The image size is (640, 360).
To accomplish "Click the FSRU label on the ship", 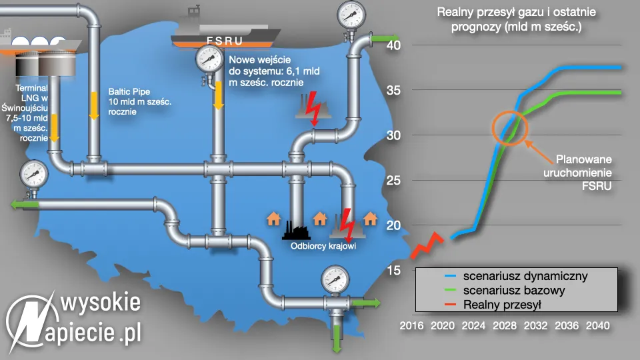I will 226,40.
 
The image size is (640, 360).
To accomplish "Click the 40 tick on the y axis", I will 394,45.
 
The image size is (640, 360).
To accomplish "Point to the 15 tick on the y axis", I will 394,270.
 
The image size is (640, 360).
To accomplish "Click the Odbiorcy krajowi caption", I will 323,245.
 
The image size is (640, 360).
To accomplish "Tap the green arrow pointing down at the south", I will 337,335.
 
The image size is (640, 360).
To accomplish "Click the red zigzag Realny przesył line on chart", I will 426,245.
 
